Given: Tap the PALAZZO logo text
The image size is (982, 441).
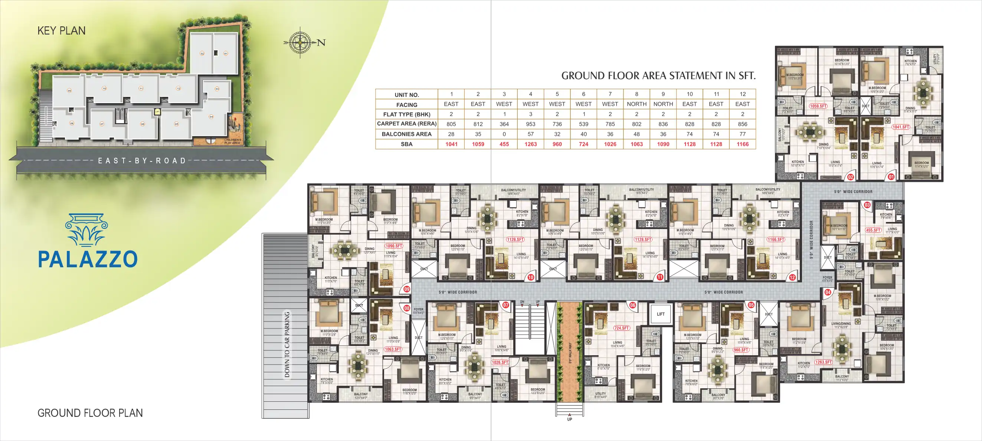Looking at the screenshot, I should click(x=88, y=259).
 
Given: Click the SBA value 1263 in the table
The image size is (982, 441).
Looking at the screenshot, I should click(x=530, y=144).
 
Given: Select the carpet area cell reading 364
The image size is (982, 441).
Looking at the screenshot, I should click(x=504, y=124).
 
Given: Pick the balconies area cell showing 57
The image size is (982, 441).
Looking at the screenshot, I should click(x=530, y=134).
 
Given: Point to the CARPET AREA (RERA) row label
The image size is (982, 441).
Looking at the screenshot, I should click(x=406, y=124).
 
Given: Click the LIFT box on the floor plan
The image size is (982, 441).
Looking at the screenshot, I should click(x=661, y=314).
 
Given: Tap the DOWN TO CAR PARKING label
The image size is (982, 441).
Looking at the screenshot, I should click(x=287, y=344).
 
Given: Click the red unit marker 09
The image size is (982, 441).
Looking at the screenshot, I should click(x=407, y=289).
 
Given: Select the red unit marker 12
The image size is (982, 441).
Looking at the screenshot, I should click(x=792, y=278).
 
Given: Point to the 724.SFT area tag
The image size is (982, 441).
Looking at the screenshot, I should click(x=621, y=328).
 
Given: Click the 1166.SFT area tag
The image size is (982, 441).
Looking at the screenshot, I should click(x=776, y=239).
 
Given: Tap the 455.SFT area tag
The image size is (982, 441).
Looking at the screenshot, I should click(x=873, y=230).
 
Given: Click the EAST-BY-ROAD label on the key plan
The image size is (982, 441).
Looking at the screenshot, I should click(x=142, y=161).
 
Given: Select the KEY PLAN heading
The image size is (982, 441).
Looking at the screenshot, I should click(x=61, y=30).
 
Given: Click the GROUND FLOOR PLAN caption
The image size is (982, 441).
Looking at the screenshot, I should click(x=90, y=413).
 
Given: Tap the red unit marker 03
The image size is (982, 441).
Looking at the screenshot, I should click(x=867, y=205).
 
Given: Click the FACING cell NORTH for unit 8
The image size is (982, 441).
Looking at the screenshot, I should click(x=636, y=104).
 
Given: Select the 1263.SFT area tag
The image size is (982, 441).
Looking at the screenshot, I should click(x=824, y=362).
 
